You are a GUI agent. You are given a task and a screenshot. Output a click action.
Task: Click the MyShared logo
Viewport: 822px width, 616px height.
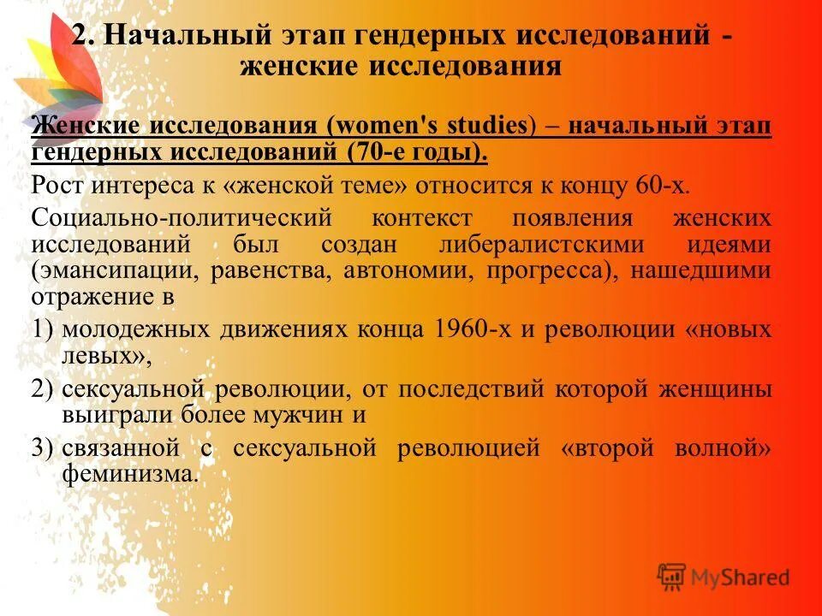pos(724,577)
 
